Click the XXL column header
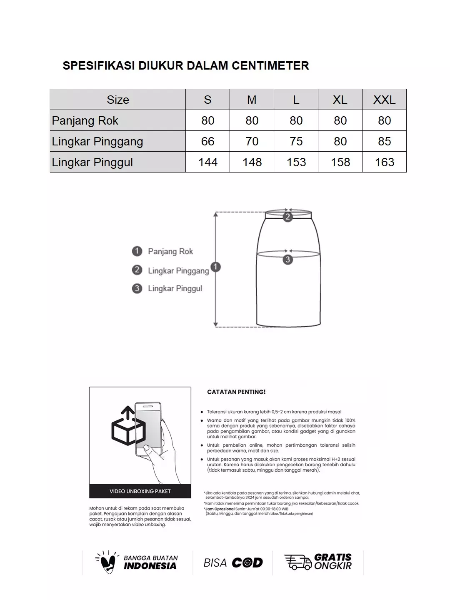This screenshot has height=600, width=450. [384, 100]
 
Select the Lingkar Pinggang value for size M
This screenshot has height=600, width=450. [252, 142]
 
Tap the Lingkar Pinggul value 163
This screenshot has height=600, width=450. [384, 162]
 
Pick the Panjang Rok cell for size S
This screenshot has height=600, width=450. [207, 121]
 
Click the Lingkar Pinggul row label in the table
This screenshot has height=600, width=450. [92, 162]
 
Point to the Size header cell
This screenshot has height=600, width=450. [117, 100]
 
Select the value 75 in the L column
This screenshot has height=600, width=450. [296, 142]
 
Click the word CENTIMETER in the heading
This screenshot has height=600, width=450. [270, 66]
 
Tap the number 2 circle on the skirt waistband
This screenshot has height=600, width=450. [287, 217]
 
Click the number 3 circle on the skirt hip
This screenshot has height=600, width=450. [287, 260]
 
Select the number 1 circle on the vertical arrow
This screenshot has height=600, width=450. [215, 267]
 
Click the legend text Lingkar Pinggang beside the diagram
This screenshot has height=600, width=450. [178, 271]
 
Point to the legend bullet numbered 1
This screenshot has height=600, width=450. [137, 251]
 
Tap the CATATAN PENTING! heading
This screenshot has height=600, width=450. [236, 392]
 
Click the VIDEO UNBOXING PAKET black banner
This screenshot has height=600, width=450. [140, 491]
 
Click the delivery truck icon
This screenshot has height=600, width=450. [297, 562]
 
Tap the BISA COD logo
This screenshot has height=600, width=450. [233, 563]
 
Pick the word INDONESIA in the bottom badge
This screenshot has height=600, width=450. [150, 566]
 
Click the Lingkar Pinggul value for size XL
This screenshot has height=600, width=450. [340, 162]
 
